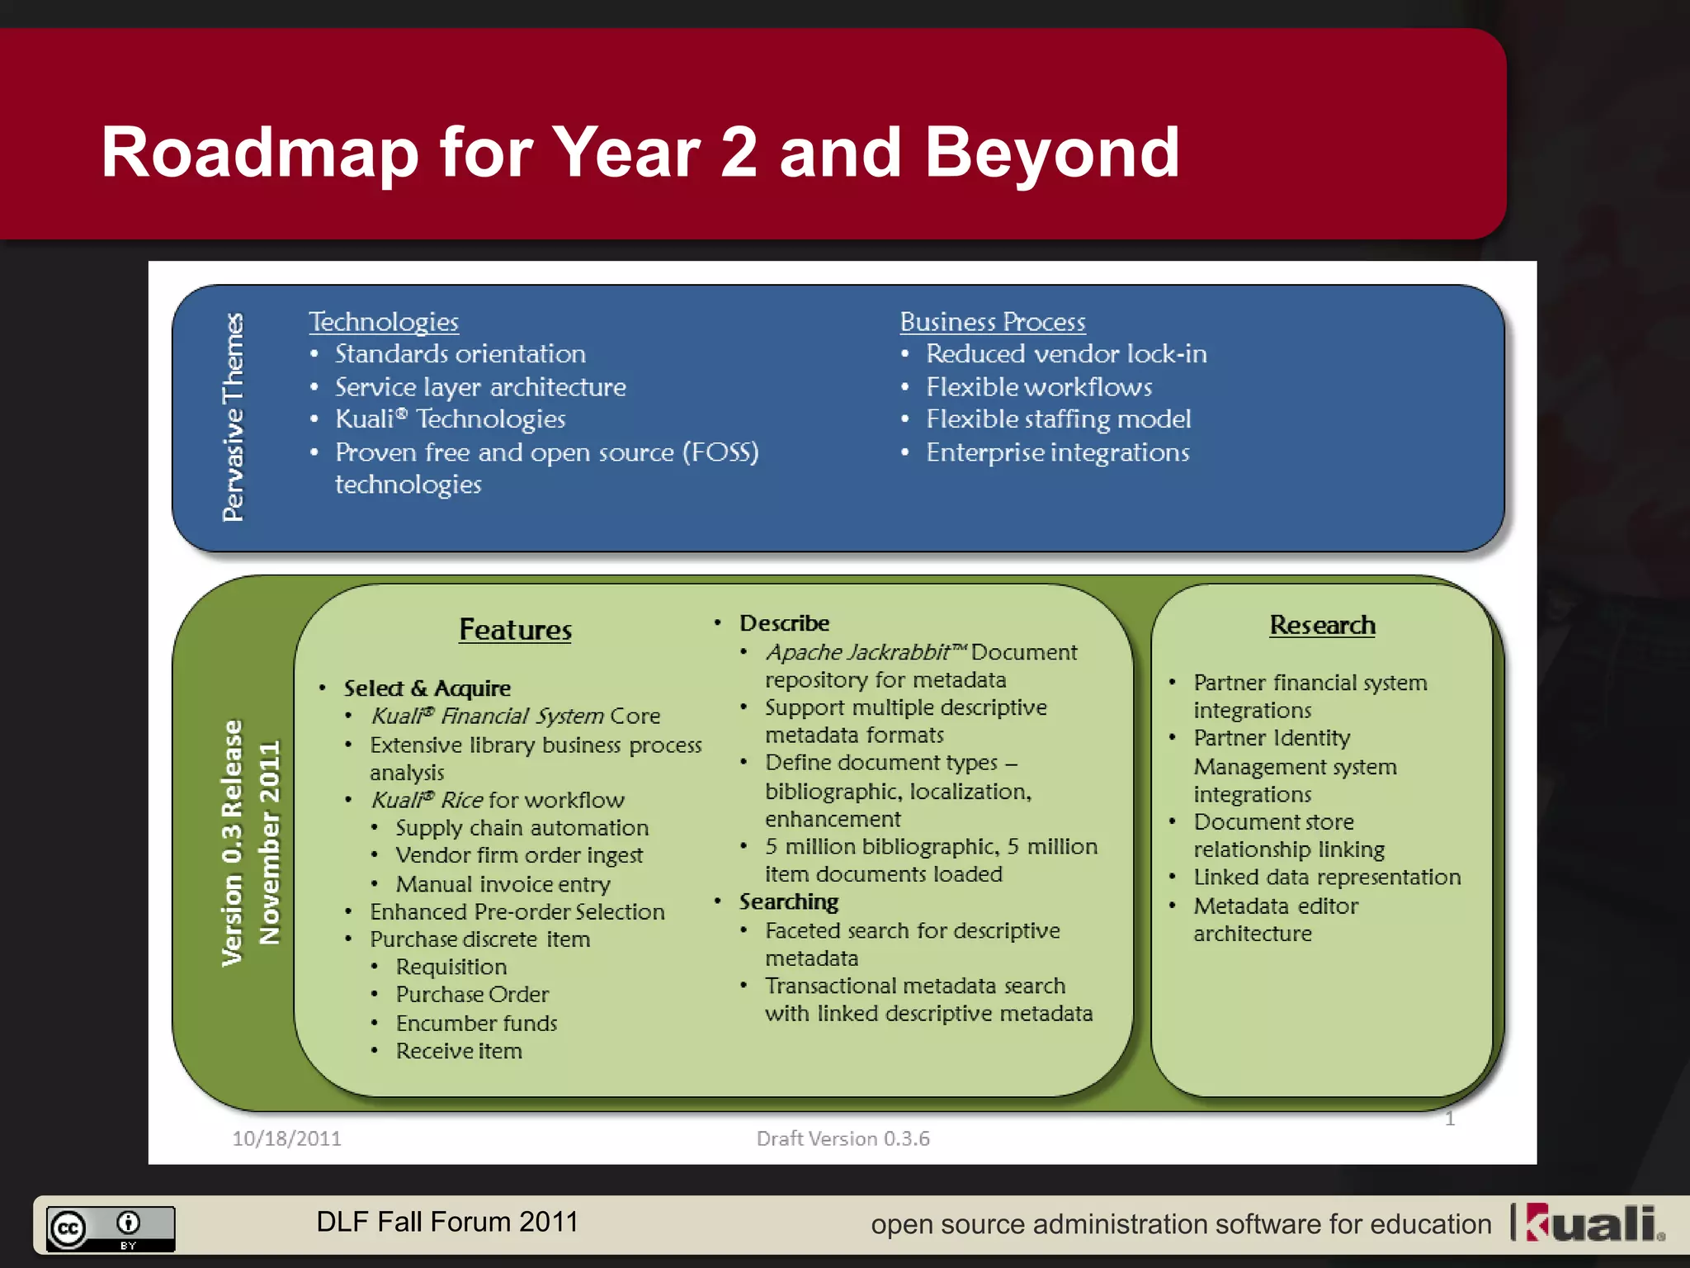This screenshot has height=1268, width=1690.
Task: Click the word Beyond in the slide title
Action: point(1052,153)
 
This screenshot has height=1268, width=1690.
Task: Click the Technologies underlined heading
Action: point(383,322)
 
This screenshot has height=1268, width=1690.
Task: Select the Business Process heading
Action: point(992,322)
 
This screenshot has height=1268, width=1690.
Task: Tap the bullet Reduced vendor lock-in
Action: point(1065,354)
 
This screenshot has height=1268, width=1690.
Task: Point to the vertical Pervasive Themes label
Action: point(234,417)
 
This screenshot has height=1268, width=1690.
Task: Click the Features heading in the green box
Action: point(515,630)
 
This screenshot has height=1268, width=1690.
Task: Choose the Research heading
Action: point(1322,626)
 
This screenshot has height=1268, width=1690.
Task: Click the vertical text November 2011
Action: point(270,842)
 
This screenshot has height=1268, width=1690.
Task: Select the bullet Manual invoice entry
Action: point(503,884)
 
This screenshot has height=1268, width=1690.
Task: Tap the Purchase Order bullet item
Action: point(472,995)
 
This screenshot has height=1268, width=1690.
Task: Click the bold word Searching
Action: point(788,902)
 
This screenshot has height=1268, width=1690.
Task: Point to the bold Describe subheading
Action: point(784,623)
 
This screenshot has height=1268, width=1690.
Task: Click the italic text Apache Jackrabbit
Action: point(858,652)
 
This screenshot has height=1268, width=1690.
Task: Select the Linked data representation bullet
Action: point(1326,878)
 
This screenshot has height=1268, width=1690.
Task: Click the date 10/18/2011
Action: point(286,1139)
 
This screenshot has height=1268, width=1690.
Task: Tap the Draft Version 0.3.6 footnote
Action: point(843,1139)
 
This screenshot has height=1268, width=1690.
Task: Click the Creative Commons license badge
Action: point(110,1228)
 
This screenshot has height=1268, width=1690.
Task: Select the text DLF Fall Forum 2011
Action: point(447,1223)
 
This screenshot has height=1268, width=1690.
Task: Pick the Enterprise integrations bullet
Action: point(1057,453)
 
